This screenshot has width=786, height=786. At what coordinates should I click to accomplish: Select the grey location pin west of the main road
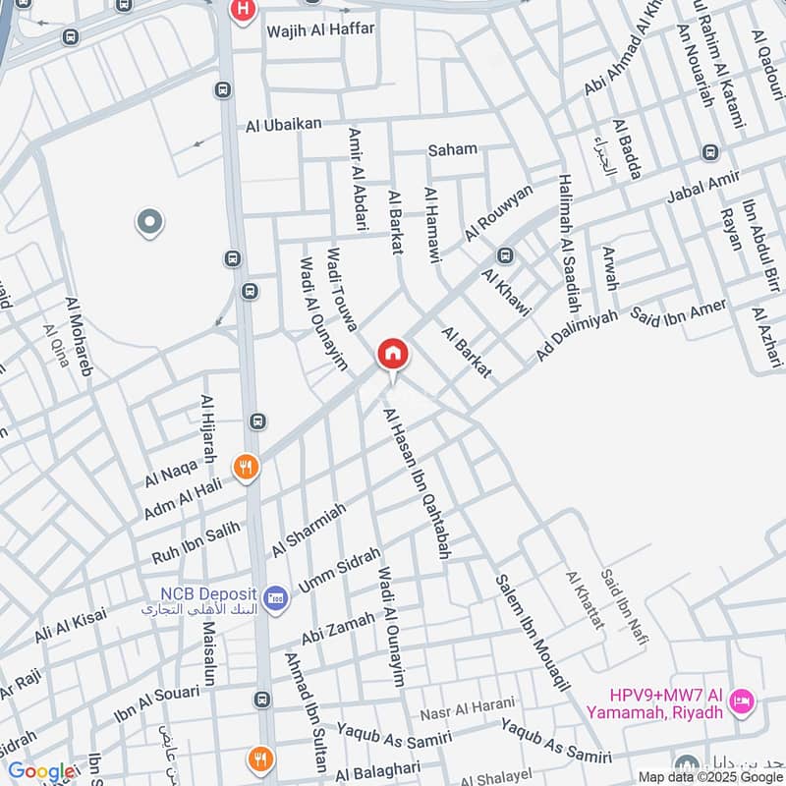point(149,223)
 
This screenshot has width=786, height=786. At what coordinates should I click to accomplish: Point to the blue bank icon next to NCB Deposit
point(276,596)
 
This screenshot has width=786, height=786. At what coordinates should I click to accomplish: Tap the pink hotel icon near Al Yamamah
point(744,700)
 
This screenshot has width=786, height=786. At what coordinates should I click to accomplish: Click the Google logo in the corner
point(41,771)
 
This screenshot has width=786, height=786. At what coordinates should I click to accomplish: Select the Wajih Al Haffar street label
point(320,30)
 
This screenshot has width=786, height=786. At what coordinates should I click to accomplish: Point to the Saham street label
point(452,149)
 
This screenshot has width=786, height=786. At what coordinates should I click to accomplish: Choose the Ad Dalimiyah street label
point(578,334)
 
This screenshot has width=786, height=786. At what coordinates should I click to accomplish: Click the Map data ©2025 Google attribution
point(709,776)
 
